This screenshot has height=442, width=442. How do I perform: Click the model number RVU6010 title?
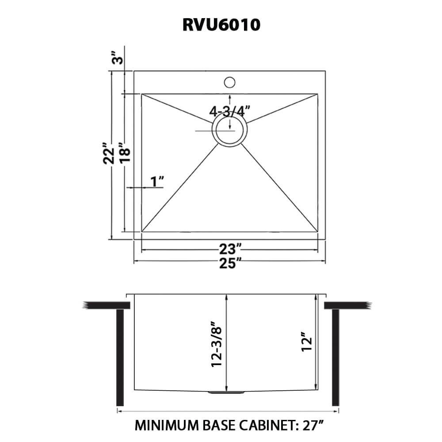[x=221, y=25]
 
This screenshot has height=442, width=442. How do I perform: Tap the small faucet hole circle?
[x=229, y=82]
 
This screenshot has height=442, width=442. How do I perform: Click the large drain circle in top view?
[x=229, y=131]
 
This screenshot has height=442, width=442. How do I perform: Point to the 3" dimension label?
[x=116, y=58]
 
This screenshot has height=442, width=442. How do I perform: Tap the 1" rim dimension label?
[x=157, y=181]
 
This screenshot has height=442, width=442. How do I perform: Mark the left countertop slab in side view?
[x=106, y=305]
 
